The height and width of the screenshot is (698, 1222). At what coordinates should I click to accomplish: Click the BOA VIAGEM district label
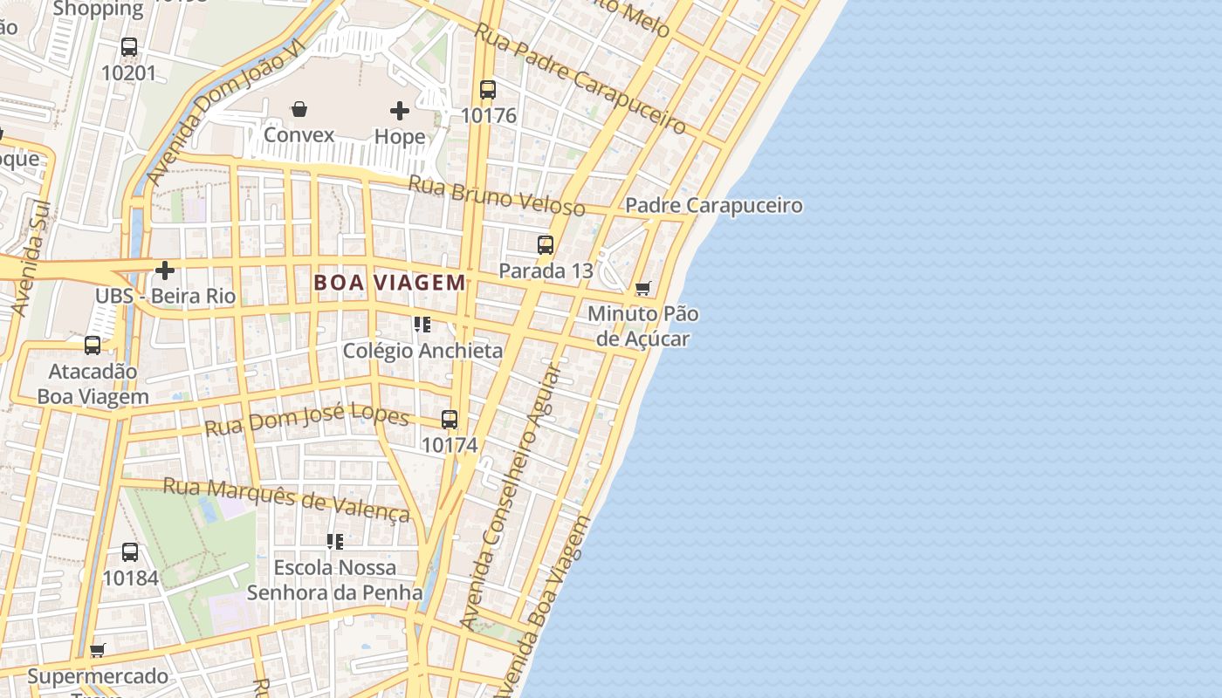(389, 283)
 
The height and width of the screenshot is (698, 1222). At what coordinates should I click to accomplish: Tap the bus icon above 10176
(488, 89)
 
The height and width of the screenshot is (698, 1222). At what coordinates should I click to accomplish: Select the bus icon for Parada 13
(546, 245)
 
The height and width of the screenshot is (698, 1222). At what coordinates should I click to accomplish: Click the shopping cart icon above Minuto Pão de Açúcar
(643, 288)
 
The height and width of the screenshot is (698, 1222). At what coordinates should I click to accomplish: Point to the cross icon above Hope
(400, 111)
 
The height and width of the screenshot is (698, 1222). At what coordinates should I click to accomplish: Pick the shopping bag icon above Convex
(299, 109)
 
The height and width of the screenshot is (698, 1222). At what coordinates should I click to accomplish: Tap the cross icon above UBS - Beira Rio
(165, 270)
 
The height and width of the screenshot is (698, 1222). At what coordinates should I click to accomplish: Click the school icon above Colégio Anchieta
(422, 325)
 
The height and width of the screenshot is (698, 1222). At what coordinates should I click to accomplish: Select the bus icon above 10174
(450, 420)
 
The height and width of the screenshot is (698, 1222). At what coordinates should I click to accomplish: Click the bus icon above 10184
(130, 552)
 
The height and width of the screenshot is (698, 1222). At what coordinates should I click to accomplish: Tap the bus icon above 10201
(129, 47)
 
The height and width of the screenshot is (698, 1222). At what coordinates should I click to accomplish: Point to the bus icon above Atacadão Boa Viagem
(93, 346)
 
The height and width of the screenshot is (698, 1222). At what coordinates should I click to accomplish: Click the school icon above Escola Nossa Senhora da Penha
(335, 542)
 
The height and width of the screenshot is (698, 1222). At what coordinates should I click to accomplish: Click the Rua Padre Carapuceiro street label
(580, 79)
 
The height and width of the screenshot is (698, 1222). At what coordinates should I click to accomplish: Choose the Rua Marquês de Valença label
(287, 500)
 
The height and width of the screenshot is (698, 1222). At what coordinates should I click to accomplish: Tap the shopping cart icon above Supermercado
(98, 650)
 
